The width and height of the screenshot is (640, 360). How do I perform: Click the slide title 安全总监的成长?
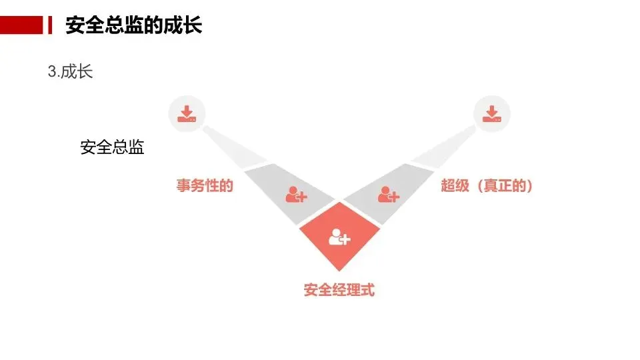[133, 26]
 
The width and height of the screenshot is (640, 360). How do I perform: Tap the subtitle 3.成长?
[70, 72]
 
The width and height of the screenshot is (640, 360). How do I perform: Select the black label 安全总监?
[112, 147]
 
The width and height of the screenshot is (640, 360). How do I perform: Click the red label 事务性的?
[205, 186]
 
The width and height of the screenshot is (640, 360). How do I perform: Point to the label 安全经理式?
[339, 291]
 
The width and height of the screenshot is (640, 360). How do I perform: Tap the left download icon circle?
[187, 113]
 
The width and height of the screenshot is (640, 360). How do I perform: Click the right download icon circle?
[491, 113]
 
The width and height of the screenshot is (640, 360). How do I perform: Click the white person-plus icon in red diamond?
[339, 237]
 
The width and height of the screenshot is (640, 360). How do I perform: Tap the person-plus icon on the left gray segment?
[295, 195]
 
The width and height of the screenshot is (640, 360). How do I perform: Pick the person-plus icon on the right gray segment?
[388, 195]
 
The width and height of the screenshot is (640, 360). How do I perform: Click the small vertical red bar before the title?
[50, 26]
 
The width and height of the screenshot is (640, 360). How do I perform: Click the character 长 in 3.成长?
[85, 72]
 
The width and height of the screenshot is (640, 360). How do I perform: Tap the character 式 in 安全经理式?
[368, 291]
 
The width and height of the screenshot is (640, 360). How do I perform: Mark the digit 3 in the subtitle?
[52, 72]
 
